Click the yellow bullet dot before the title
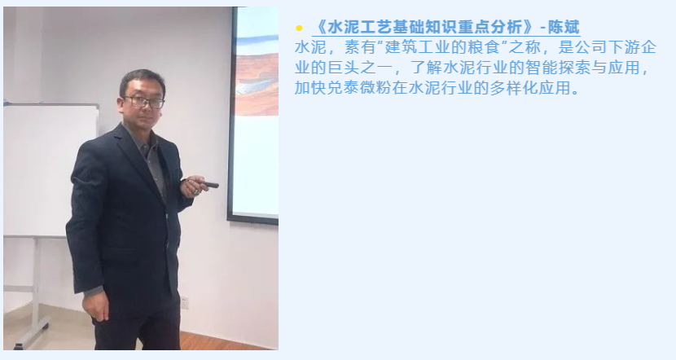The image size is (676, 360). pyautogui.click(x=299, y=29)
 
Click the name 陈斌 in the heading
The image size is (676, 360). pyautogui.click(x=564, y=27)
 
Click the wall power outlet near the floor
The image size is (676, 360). pyautogui.click(x=185, y=302)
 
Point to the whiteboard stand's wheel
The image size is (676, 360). pyautogui.click(x=18, y=346)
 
